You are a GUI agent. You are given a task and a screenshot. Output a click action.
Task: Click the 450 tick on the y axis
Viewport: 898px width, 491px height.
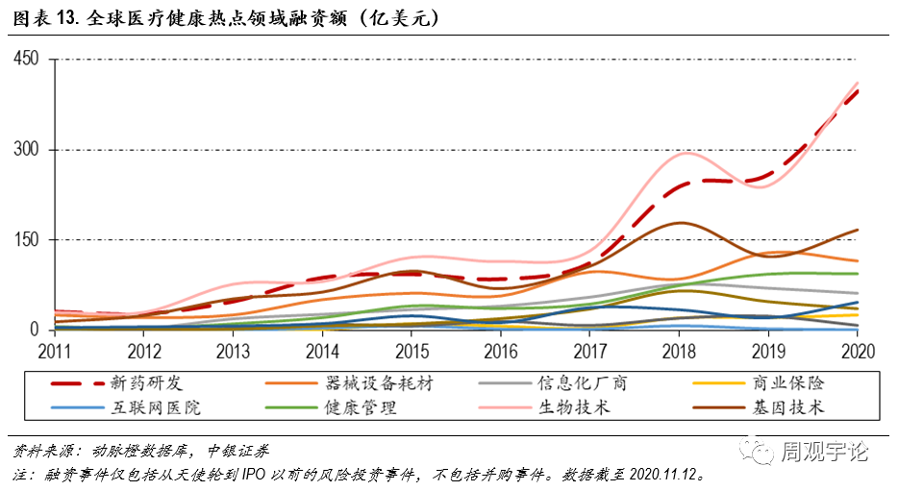(x=27, y=60)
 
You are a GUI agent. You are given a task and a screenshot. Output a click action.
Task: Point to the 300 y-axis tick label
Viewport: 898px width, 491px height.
(x=27, y=150)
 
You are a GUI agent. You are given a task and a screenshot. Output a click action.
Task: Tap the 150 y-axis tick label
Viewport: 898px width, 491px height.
(x=27, y=239)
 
